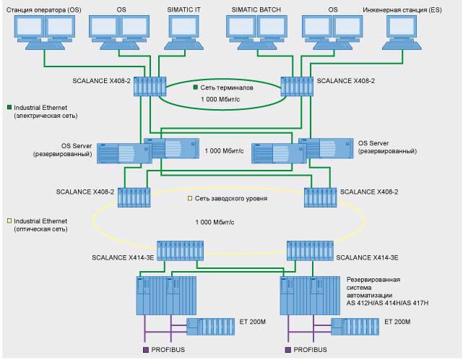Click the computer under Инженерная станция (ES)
coord(410,32)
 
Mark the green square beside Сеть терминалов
coord(195,87)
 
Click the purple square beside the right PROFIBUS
coord(288,350)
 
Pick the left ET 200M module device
coord(209,326)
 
